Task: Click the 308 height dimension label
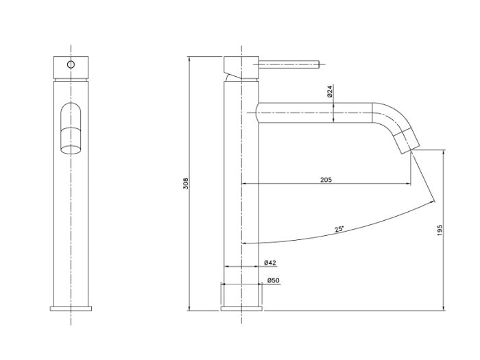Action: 186,183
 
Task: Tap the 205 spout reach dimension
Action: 326,180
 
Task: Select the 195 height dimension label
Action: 440,230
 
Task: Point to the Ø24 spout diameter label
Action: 329,91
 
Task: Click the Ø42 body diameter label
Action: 270,263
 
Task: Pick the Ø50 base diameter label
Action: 274,280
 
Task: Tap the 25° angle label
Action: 339,229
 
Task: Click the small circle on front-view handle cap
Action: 71,64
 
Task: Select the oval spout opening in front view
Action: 71,149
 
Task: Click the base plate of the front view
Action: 71,309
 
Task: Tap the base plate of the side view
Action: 241,309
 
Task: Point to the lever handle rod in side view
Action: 289,64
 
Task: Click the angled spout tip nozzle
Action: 406,141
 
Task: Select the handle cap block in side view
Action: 241,67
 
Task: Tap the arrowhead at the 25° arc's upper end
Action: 433,201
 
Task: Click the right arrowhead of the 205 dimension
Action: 409,183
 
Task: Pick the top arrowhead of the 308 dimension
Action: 189,59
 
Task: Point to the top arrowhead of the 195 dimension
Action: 444,152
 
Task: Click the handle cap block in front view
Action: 71,67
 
